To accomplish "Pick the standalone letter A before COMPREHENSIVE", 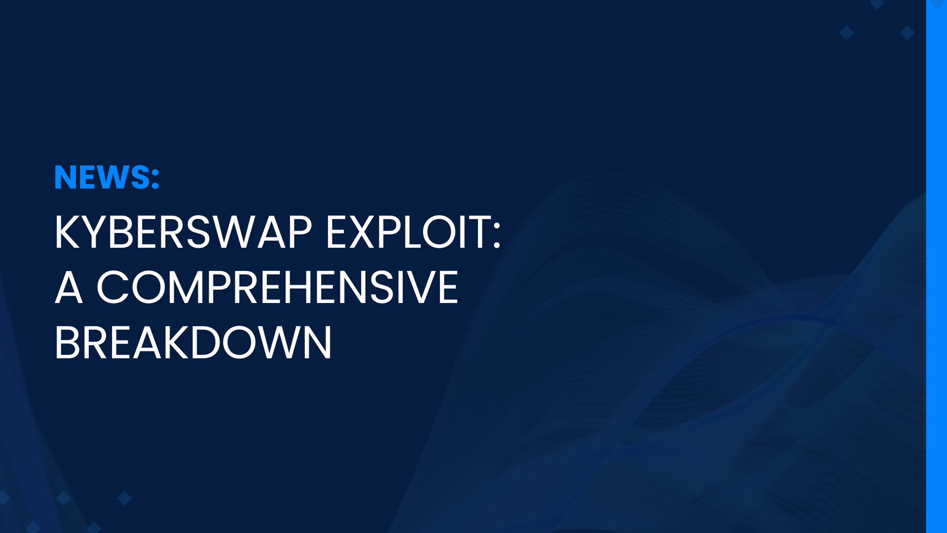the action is [69, 287].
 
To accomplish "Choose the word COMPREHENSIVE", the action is [277, 287].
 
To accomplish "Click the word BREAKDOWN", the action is [193, 343].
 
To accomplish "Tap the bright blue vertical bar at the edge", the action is [937, 266].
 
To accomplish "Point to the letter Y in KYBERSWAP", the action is [94, 232].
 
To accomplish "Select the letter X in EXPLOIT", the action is [364, 232].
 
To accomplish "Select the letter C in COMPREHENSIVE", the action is [111, 287].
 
